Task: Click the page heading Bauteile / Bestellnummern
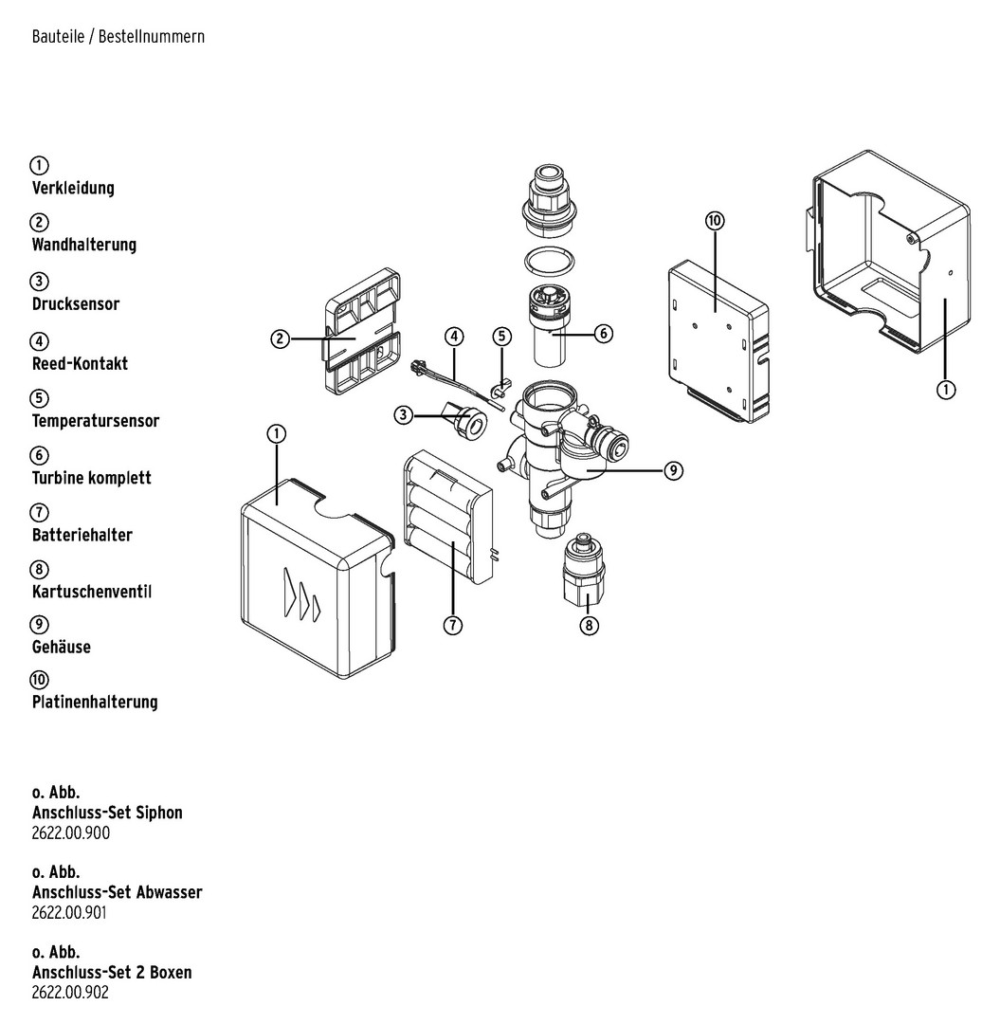pyautogui.click(x=118, y=37)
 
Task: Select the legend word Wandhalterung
pyautogui.click(x=83, y=245)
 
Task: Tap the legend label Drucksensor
pyautogui.click(x=76, y=304)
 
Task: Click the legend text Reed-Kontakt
pyautogui.click(x=80, y=363)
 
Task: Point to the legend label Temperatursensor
pyautogui.click(x=95, y=420)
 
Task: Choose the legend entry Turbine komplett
pyautogui.click(x=91, y=478)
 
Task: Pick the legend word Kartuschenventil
pyautogui.click(x=91, y=592)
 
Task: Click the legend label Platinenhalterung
pyautogui.click(x=95, y=703)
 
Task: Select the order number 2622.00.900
pyautogui.click(x=71, y=833)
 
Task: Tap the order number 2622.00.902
pyautogui.click(x=71, y=993)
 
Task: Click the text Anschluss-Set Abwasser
pyautogui.click(x=117, y=892)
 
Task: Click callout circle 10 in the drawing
pyautogui.click(x=715, y=221)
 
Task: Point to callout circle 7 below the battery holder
pyautogui.click(x=453, y=626)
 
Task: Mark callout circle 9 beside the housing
pyautogui.click(x=673, y=470)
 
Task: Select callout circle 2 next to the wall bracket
pyautogui.click(x=280, y=338)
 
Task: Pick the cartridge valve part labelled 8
pyautogui.click(x=584, y=574)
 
